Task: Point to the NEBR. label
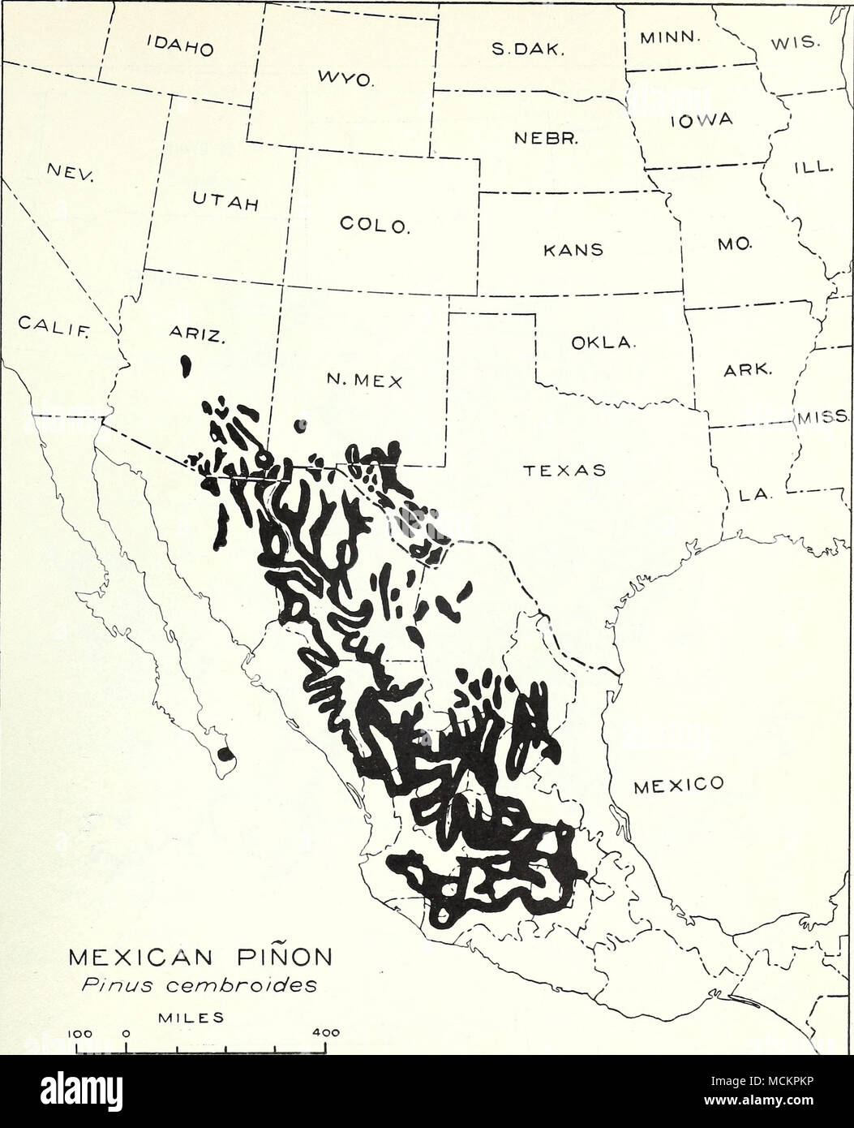[553, 139]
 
